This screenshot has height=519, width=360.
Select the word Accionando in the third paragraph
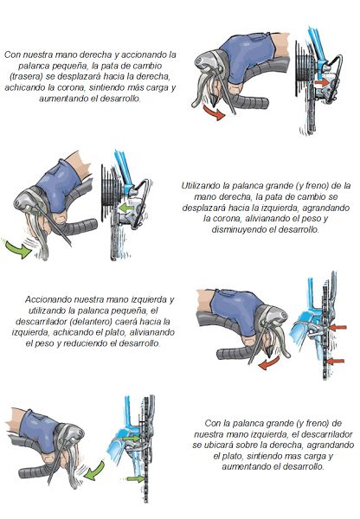coord(48,299)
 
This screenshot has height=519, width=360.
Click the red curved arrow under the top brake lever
coord(215,112)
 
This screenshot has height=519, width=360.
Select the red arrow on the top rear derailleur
coord(320,82)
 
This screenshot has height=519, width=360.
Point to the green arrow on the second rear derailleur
coord(126,208)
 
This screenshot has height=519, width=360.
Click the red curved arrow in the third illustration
coord(269,363)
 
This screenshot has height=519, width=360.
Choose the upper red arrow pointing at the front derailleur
coord(337,328)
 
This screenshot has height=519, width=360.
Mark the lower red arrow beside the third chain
coord(335,361)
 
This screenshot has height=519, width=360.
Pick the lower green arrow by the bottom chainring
coord(136,478)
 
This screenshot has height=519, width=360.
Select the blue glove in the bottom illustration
coord(39,430)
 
